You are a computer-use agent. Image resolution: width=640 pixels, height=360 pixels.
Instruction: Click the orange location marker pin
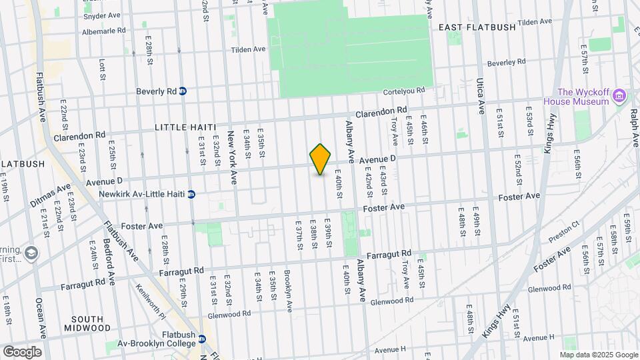[321, 159]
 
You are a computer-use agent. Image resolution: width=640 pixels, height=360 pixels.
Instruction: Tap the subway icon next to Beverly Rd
[183, 91]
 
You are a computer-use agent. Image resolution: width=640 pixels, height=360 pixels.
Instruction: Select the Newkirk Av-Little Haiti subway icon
[191, 195]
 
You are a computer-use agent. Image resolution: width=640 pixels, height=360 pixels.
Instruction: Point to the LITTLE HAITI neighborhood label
[182, 127]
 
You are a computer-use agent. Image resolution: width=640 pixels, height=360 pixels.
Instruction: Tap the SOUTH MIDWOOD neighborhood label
[87, 323]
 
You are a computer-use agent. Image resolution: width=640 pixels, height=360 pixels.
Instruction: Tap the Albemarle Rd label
[103, 31]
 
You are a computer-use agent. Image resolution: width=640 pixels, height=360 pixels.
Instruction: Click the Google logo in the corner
[22, 351]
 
